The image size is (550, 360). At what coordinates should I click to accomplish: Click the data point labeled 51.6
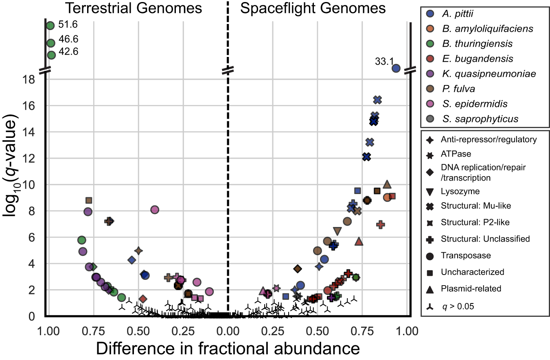pos(50,26)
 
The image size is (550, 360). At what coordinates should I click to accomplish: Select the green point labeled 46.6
pos(50,43)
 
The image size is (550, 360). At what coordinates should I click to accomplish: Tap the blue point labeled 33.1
pos(396,68)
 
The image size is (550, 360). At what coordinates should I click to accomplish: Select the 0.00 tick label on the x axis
pos(228,329)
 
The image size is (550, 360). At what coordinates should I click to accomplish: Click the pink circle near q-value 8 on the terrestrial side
pos(154,209)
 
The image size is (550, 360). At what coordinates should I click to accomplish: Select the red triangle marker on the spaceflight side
pos(359,242)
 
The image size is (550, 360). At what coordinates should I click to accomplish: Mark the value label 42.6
pos(68,52)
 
